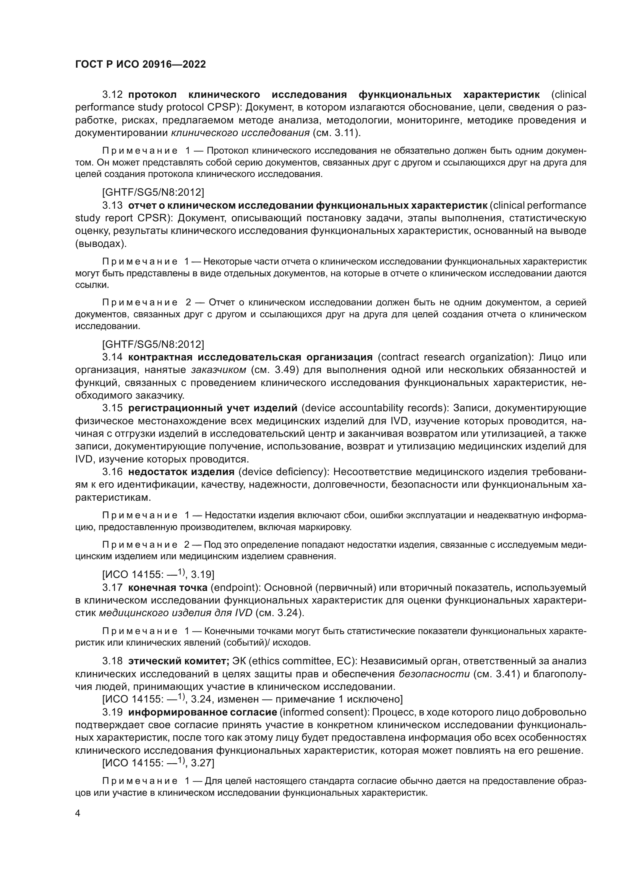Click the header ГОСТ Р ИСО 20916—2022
(x=140, y=64)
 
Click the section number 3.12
(x=112, y=95)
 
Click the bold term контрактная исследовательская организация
(x=250, y=357)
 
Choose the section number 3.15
(x=112, y=408)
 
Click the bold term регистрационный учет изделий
(x=213, y=408)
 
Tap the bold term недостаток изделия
(x=181, y=472)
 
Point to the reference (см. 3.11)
(x=336, y=133)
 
